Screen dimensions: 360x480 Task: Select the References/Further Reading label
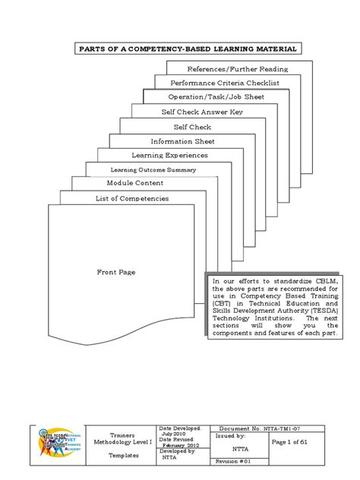(x=238, y=68)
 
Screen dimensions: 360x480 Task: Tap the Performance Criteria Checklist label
(x=221, y=83)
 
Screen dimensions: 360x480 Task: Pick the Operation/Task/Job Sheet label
(x=210, y=97)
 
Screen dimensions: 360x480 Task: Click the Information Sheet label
(x=182, y=141)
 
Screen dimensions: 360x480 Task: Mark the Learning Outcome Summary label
(x=148, y=169)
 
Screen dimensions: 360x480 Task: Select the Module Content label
(x=133, y=184)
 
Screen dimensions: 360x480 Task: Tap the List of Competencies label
(x=132, y=198)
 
